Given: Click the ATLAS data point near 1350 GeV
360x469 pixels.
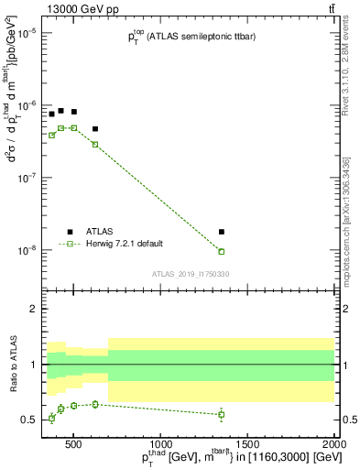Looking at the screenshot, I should click(222, 232).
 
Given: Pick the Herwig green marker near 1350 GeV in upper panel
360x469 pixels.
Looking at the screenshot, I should click(222, 251).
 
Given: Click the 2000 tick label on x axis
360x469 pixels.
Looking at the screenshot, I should click(334, 446).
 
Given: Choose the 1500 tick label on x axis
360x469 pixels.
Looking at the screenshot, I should click(248, 446).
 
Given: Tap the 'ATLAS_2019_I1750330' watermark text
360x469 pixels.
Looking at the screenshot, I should click(189, 274).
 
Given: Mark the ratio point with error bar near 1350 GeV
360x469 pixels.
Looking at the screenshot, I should click(222, 414).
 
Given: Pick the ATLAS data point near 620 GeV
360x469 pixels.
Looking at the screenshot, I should click(95, 129).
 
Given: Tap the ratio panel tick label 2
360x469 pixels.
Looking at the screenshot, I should click(31, 309).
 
